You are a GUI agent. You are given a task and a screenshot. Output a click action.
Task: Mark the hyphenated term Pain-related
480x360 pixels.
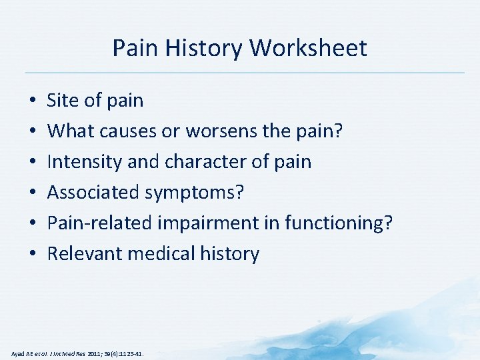pyautogui.click(x=100, y=223)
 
